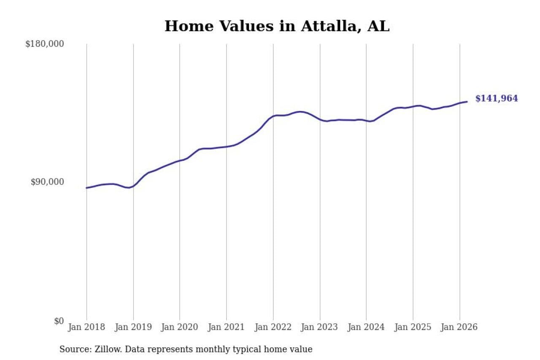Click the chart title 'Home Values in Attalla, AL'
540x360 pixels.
point(277,26)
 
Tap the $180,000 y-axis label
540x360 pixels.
point(44,44)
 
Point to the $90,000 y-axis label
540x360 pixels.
point(47,182)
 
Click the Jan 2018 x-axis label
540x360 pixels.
point(87,328)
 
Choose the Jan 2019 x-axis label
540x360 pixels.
point(133,328)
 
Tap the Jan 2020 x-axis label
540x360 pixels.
point(180,328)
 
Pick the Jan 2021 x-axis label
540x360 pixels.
point(227,328)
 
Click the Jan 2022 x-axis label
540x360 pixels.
point(273,328)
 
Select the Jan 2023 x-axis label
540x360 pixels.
point(320,328)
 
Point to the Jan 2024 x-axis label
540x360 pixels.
point(366,328)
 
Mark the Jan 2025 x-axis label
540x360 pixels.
point(413,328)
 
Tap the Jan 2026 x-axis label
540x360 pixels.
point(459,328)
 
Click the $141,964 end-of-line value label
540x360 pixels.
point(497,99)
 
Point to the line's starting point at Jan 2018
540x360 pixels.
point(87,188)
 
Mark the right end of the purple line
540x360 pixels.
point(467,102)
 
